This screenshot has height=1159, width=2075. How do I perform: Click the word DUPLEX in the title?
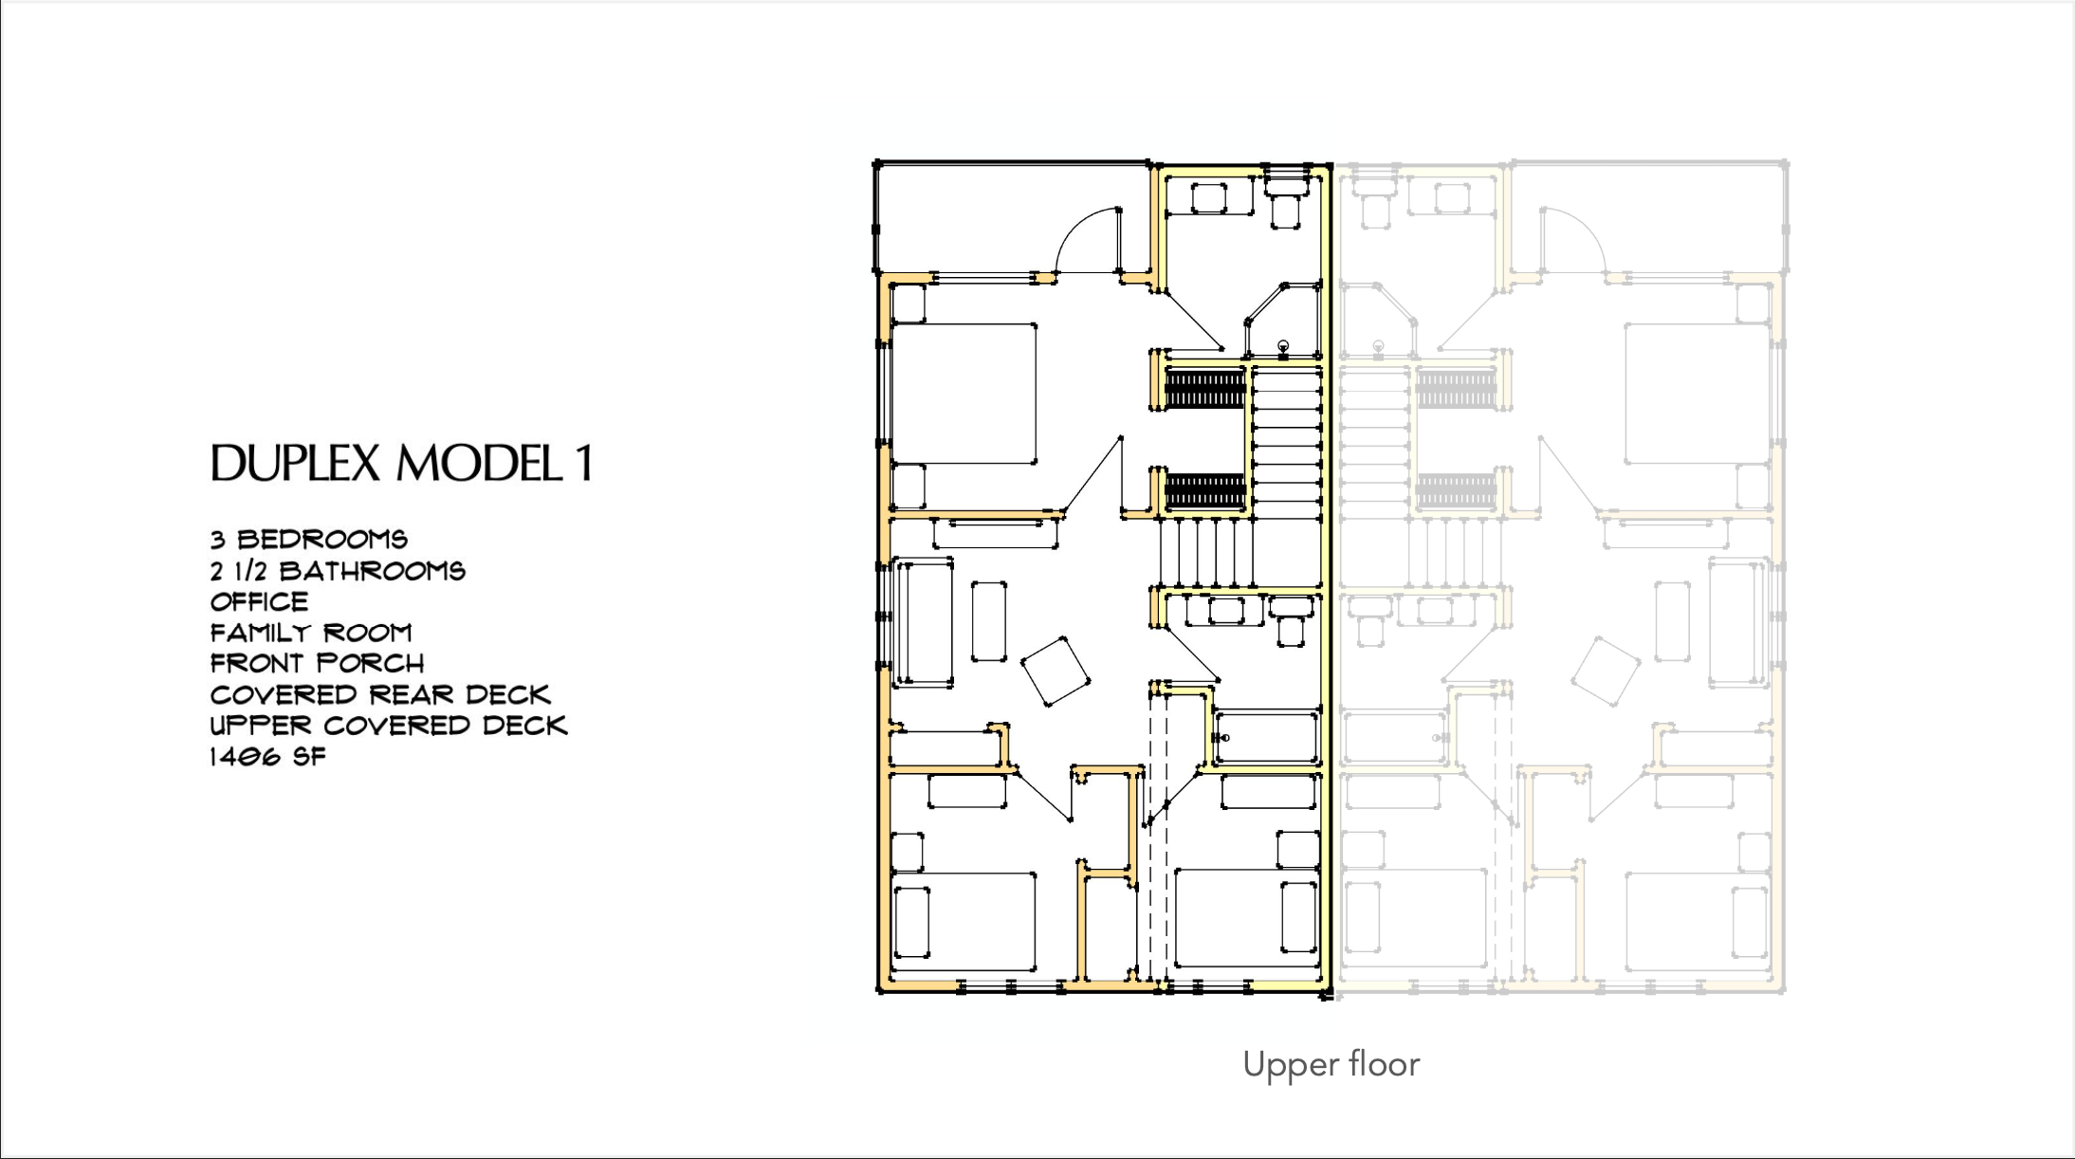click(x=295, y=464)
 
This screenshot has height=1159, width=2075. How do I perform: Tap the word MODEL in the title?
click(x=480, y=464)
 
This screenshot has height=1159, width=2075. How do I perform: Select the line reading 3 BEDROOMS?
click(x=309, y=540)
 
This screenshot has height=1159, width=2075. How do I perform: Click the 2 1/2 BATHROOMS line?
click(x=339, y=571)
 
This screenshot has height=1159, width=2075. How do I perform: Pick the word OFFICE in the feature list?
click(x=260, y=602)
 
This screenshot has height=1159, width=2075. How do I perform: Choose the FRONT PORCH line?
click(x=318, y=663)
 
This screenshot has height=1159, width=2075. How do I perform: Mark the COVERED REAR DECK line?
click(x=380, y=694)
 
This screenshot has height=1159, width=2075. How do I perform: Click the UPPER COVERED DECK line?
click(x=389, y=726)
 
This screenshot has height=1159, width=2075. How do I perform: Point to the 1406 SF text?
click(x=268, y=757)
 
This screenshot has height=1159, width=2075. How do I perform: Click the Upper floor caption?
click(x=1331, y=1065)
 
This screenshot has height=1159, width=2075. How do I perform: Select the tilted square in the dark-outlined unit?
click(x=1056, y=671)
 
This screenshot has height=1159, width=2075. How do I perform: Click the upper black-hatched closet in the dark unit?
click(x=1204, y=389)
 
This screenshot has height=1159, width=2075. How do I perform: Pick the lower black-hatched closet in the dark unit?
click(x=1204, y=490)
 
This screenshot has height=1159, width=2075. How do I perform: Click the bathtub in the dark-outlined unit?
click(x=1266, y=737)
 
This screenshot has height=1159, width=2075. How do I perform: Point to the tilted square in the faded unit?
click(x=1606, y=671)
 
